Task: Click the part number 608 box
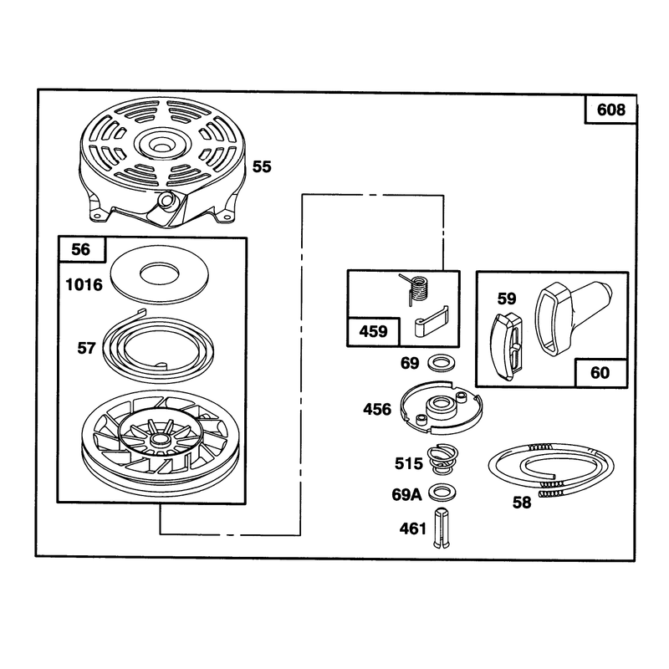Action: tap(610, 110)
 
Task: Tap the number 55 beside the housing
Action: tap(262, 166)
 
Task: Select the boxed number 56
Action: tap(81, 249)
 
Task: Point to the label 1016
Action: tap(84, 284)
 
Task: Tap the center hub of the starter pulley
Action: tap(160, 438)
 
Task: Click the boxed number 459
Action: tap(373, 331)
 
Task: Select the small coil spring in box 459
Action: tap(415, 289)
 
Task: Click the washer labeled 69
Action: tap(442, 363)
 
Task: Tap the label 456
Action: tap(377, 410)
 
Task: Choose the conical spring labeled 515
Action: tap(442, 459)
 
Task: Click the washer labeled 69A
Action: tap(442, 493)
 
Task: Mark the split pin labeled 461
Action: tap(442, 529)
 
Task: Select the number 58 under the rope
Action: tap(522, 503)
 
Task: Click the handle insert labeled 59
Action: tap(507, 346)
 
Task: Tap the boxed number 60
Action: tap(600, 373)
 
